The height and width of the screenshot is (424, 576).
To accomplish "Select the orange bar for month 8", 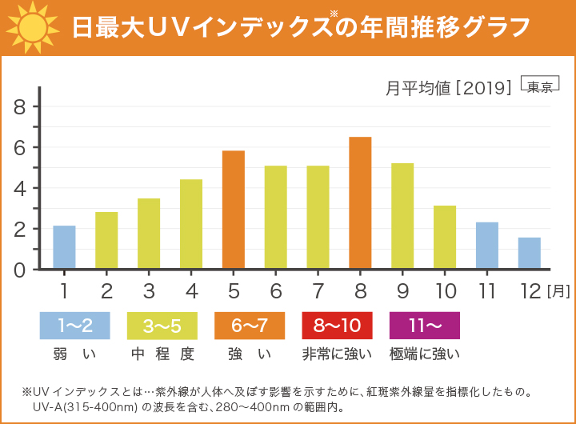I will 360,203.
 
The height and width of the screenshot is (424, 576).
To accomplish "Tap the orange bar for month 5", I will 233,210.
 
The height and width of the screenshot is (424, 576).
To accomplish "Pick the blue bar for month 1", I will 65,247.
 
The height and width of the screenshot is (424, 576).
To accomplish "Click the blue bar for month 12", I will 529,253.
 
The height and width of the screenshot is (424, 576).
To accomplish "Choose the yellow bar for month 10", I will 445,237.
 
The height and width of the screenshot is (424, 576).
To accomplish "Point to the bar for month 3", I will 149,234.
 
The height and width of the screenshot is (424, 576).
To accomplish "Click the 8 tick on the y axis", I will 20,107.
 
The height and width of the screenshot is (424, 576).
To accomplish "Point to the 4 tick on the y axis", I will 20,189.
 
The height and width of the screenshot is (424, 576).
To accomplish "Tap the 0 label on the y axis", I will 20,270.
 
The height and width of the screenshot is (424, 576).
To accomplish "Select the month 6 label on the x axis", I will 276,290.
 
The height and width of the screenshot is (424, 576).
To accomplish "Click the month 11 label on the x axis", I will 487,290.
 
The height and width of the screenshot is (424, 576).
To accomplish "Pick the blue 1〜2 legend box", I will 74,326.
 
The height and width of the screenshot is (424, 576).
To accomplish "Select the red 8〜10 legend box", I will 337,326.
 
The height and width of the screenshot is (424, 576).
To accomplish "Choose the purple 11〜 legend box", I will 424,326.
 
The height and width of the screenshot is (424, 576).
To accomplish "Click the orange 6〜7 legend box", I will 250,326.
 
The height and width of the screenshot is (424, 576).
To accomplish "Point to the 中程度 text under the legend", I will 162,352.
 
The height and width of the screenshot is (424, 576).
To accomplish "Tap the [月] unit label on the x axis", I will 558,291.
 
